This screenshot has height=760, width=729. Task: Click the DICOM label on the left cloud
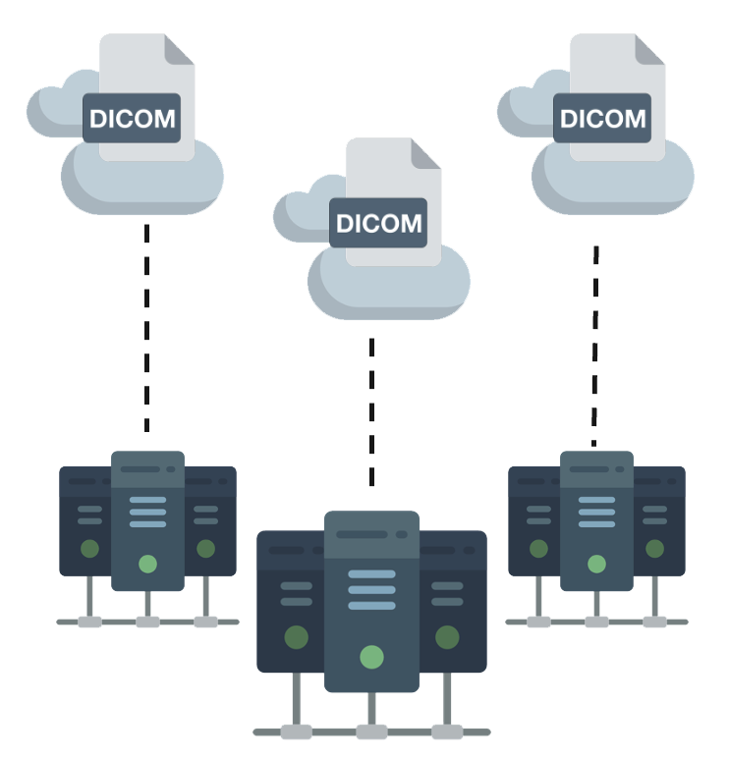point(132,120)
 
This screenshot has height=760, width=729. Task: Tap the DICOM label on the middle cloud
point(378,223)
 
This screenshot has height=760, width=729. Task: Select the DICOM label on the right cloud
point(602,119)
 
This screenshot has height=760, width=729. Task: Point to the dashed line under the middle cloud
point(370,412)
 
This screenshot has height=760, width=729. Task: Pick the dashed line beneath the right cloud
point(594,344)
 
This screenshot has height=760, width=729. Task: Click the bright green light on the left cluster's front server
point(147,564)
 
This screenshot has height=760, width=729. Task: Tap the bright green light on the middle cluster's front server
point(371,656)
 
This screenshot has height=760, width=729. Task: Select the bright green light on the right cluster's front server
point(596,564)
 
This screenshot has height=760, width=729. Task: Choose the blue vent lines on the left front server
point(147,512)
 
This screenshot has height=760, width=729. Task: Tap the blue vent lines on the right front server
point(596,512)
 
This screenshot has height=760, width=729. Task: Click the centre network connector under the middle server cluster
point(371,732)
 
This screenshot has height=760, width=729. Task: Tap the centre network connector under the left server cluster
point(147,622)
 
